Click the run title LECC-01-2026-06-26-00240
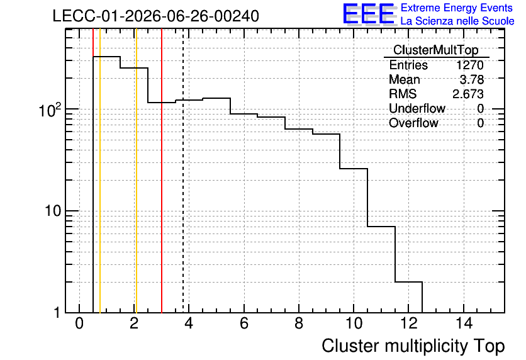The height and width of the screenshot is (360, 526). coord(155,16)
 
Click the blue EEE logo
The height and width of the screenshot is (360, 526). coord(369,14)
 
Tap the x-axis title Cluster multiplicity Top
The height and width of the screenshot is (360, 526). coord(413,346)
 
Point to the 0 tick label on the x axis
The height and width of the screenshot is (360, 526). coord(79,323)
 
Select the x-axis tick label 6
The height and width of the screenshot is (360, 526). coord(244,323)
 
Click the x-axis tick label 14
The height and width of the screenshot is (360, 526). coord(464,323)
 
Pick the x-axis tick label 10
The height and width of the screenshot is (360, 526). coord(354,323)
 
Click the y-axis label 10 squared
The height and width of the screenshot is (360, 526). coord(50,110)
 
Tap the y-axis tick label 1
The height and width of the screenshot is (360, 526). coord(57,313)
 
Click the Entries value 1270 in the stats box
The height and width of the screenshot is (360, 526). coord(469,65)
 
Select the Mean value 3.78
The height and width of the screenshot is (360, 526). coord(472,79)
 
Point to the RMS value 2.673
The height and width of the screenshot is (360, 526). coord(468,94)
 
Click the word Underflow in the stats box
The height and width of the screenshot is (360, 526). coord(417,108)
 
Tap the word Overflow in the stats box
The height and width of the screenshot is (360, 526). coord(413,123)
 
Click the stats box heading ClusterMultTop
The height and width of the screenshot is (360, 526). coord(436,50)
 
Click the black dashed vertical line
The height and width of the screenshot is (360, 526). coord(183,171)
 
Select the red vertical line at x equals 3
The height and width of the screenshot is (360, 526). coord(162,171)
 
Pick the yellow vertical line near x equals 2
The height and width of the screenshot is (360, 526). coord(136,171)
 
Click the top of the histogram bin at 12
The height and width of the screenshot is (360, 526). coord(408,282)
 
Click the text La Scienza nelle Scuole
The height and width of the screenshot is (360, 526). coord(457,21)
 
